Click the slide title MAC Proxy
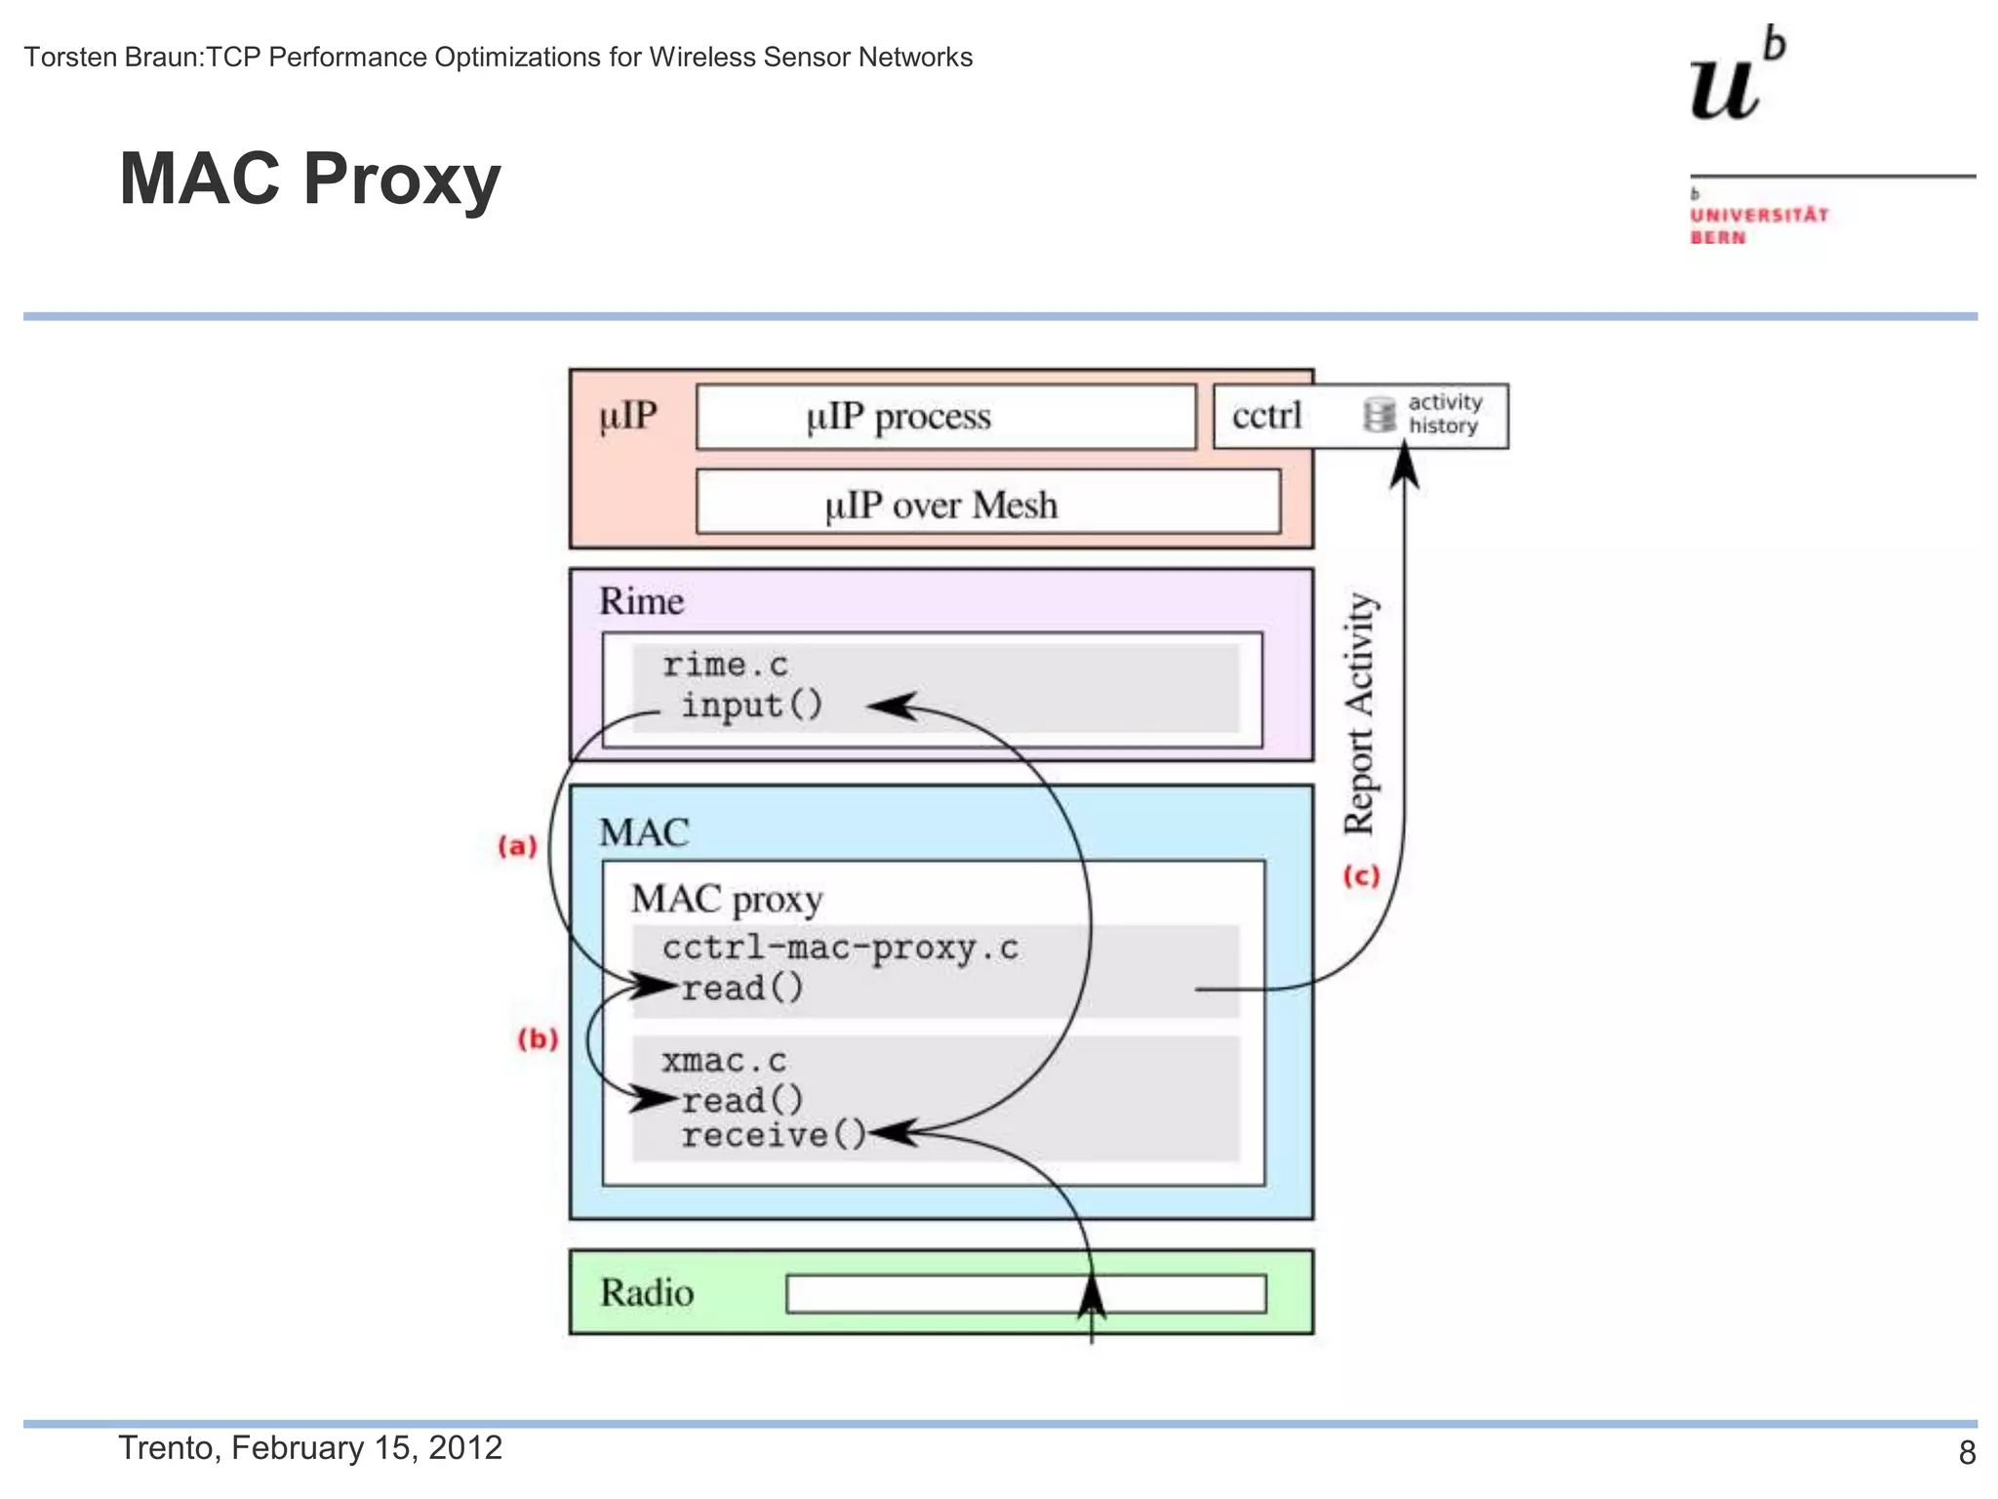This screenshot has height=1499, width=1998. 309,180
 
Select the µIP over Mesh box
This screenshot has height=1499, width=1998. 987,504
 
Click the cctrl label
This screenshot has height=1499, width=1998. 1266,416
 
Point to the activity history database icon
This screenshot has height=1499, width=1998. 1379,415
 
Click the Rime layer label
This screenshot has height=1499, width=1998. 641,601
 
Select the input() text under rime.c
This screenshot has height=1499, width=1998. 751,705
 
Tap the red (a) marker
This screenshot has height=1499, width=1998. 517,845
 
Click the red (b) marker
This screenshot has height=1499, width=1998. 538,1038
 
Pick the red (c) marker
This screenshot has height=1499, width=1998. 1361,875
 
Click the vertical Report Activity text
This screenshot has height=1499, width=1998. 1359,712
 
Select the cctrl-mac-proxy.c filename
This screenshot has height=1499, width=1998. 840,948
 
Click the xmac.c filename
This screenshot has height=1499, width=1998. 723,1061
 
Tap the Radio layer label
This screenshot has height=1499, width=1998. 647,1292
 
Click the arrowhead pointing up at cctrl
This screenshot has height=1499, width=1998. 1404,463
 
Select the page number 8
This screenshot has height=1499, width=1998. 1967,1452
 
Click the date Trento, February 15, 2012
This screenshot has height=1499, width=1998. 310,1447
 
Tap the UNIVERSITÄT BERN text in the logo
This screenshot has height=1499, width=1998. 1758,225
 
